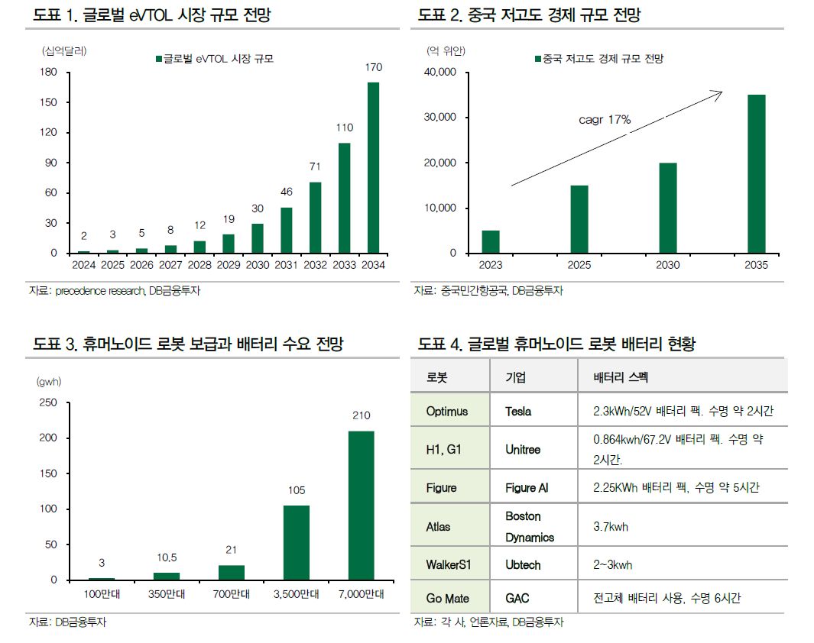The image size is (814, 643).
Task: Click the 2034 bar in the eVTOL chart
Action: pos(373,167)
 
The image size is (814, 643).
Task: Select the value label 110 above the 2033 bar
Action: pos(344,128)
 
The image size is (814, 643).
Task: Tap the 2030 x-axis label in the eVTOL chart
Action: pos(258,266)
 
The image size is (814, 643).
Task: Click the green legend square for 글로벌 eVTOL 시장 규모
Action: pos(158,58)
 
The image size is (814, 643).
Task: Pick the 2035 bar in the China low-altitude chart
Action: pos(756,174)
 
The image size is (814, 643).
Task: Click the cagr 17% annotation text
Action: pos(605,119)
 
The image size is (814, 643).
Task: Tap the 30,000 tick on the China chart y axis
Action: pos(439,118)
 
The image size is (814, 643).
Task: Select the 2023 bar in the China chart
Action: pos(491,241)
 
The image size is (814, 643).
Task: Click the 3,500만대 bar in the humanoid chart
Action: pos(297,542)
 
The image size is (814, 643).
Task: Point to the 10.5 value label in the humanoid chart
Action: pos(167,559)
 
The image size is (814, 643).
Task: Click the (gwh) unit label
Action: pos(48,380)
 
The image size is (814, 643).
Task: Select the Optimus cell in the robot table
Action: pos(447,412)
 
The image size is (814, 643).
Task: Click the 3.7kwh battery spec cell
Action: pos(611,527)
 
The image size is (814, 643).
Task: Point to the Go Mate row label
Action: pos(448,599)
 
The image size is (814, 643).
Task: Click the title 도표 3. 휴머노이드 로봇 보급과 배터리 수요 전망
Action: pos(188,344)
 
